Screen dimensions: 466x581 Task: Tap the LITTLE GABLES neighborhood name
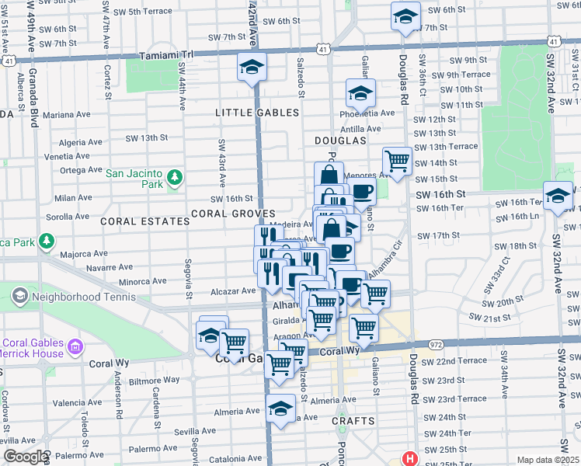pyautogui.click(x=257, y=113)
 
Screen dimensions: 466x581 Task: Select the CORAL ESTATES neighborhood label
pyautogui.click(x=144, y=221)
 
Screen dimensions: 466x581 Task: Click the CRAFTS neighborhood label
pyautogui.click(x=353, y=421)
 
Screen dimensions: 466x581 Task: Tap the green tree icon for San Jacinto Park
pyautogui.click(x=176, y=179)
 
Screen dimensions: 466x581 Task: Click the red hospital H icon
pyautogui.click(x=409, y=459)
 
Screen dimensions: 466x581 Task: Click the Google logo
pyautogui.click(x=25, y=457)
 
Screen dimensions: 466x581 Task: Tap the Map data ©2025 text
pyautogui.click(x=548, y=460)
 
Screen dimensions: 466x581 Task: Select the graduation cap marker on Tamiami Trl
pyautogui.click(x=252, y=68)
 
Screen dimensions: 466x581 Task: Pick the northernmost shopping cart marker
pyautogui.click(x=398, y=161)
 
